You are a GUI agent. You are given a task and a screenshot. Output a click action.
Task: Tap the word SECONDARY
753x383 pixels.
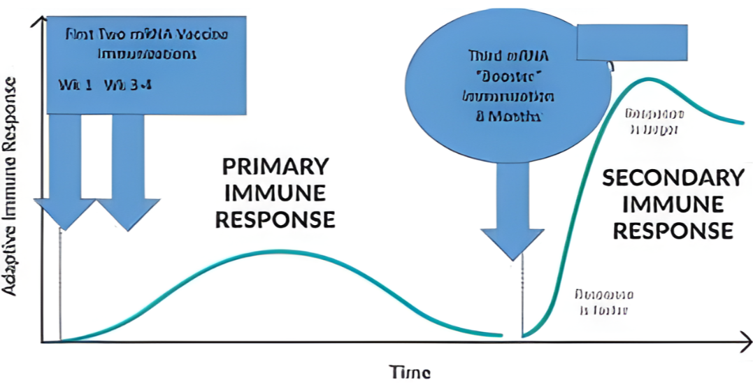click(x=673, y=178)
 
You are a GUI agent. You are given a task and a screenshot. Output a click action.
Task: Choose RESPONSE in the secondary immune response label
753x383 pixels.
click(x=673, y=230)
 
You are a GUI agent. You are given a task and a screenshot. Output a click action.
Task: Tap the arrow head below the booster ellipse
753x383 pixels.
click(x=513, y=240)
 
